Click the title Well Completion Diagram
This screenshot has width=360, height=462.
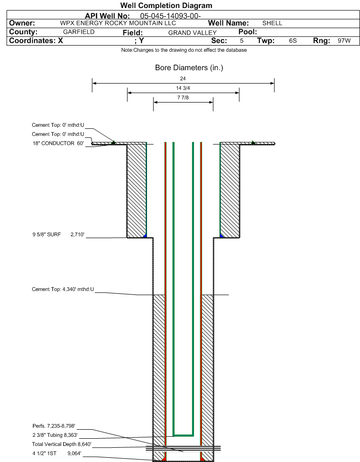[x=166, y=6]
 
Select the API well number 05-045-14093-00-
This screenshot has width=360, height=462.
[x=170, y=16]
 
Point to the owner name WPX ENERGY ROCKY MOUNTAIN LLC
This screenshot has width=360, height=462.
[x=118, y=23]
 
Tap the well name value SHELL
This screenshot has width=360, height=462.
[x=272, y=23]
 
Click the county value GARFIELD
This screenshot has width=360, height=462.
[x=79, y=32]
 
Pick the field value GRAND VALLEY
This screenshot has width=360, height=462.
[x=193, y=33]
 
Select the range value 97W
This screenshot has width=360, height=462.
[x=344, y=41]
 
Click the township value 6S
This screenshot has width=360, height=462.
[x=293, y=41]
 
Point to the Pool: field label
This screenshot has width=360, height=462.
[x=248, y=32]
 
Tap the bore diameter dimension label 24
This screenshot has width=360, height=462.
[x=183, y=79]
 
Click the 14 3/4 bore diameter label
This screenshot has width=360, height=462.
[x=183, y=88]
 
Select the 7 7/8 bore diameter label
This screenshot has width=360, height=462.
[x=183, y=97]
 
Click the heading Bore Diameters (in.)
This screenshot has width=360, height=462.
[x=189, y=68]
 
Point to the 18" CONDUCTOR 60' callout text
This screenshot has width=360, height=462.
[x=58, y=143]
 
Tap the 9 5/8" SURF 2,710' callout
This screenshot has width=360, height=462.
[x=58, y=235]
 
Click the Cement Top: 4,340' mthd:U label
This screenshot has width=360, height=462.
[x=63, y=289]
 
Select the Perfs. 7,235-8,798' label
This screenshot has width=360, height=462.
[x=54, y=426]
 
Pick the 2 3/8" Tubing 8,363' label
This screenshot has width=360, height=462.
[x=55, y=435]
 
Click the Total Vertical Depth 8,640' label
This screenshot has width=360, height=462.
[x=62, y=444]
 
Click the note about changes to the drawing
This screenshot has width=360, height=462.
[x=184, y=50]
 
